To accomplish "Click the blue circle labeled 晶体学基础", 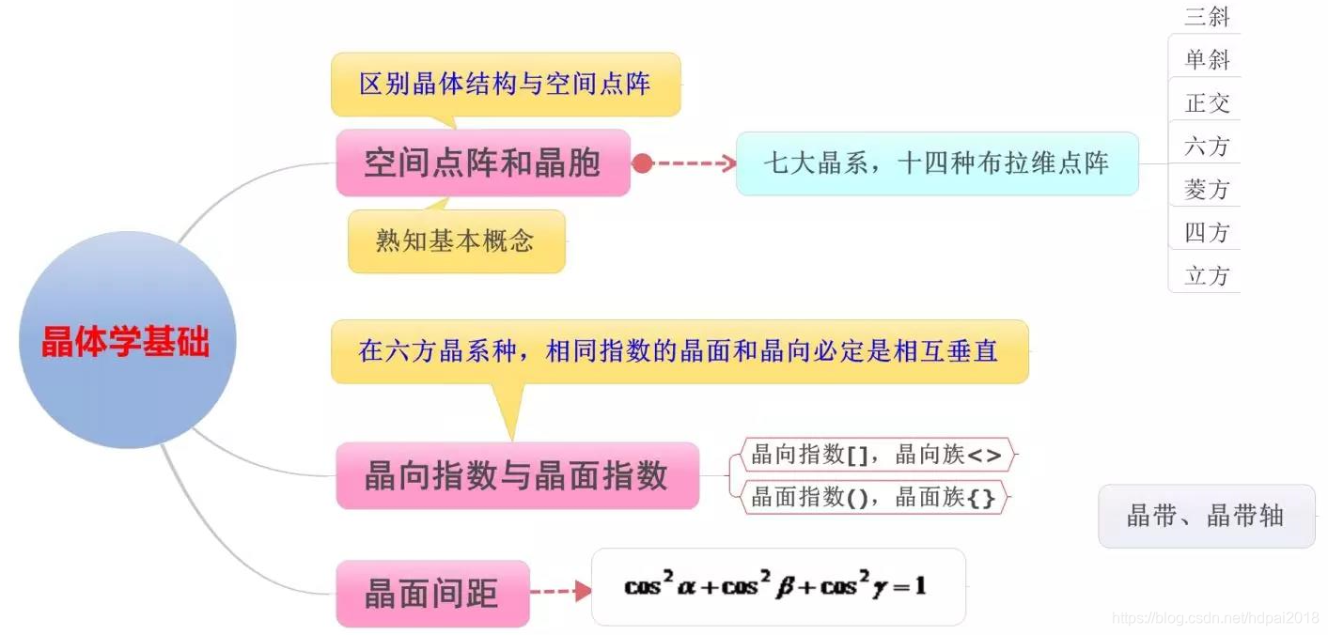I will (x=127, y=340).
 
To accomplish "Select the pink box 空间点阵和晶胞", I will (x=482, y=163).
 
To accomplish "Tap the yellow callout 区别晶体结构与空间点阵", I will (x=505, y=85).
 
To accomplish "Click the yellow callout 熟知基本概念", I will (x=456, y=241).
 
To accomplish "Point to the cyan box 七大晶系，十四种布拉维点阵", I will (x=936, y=163).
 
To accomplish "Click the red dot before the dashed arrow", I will (x=642, y=163).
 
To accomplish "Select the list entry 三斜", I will (x=1207, y=17).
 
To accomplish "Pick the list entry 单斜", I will (x=1207, y=60).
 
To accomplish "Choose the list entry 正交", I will (x=1207, y=103).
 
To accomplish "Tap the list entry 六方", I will (x=1207, y=147).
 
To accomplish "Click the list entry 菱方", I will (x=1207, y=190).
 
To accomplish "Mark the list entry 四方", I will (x=1207, y=233).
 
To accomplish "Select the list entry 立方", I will (x=1207, y=276).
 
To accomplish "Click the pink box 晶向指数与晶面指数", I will (x=517, y=475).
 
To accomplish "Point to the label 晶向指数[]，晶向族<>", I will (x=876, y=456).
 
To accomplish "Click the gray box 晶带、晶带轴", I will (x=1206, y=516).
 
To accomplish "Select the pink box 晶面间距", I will (x=432, y=594).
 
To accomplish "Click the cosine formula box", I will (x=777, y=587).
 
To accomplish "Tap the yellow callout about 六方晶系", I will (x=679, y=351).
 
